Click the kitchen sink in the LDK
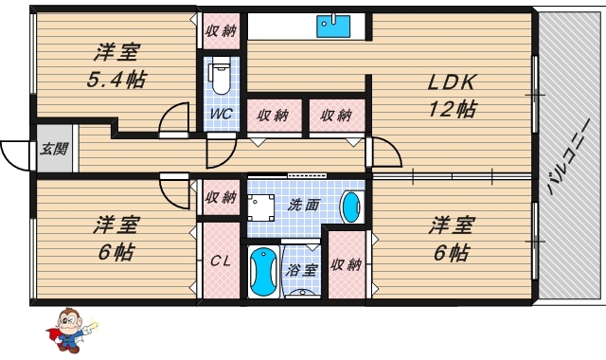click(333, 26)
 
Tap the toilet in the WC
click(221, 78)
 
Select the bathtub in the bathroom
click(263, 272)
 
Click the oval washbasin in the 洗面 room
click(351, 207)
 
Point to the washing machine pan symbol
click(261, 207)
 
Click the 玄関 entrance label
click(54, 149)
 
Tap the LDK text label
click(451, 82)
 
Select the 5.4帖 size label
click(116, 81)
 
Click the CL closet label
click(221, 261)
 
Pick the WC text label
click(221, 114)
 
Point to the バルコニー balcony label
click(568, 156)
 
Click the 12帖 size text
click(453, 109)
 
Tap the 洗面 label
click(304, 205)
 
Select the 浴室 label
click(302, 270)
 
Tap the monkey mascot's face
click(69, 320)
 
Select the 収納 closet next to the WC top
click(221, 31)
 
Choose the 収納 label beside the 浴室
click(347, 265)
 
